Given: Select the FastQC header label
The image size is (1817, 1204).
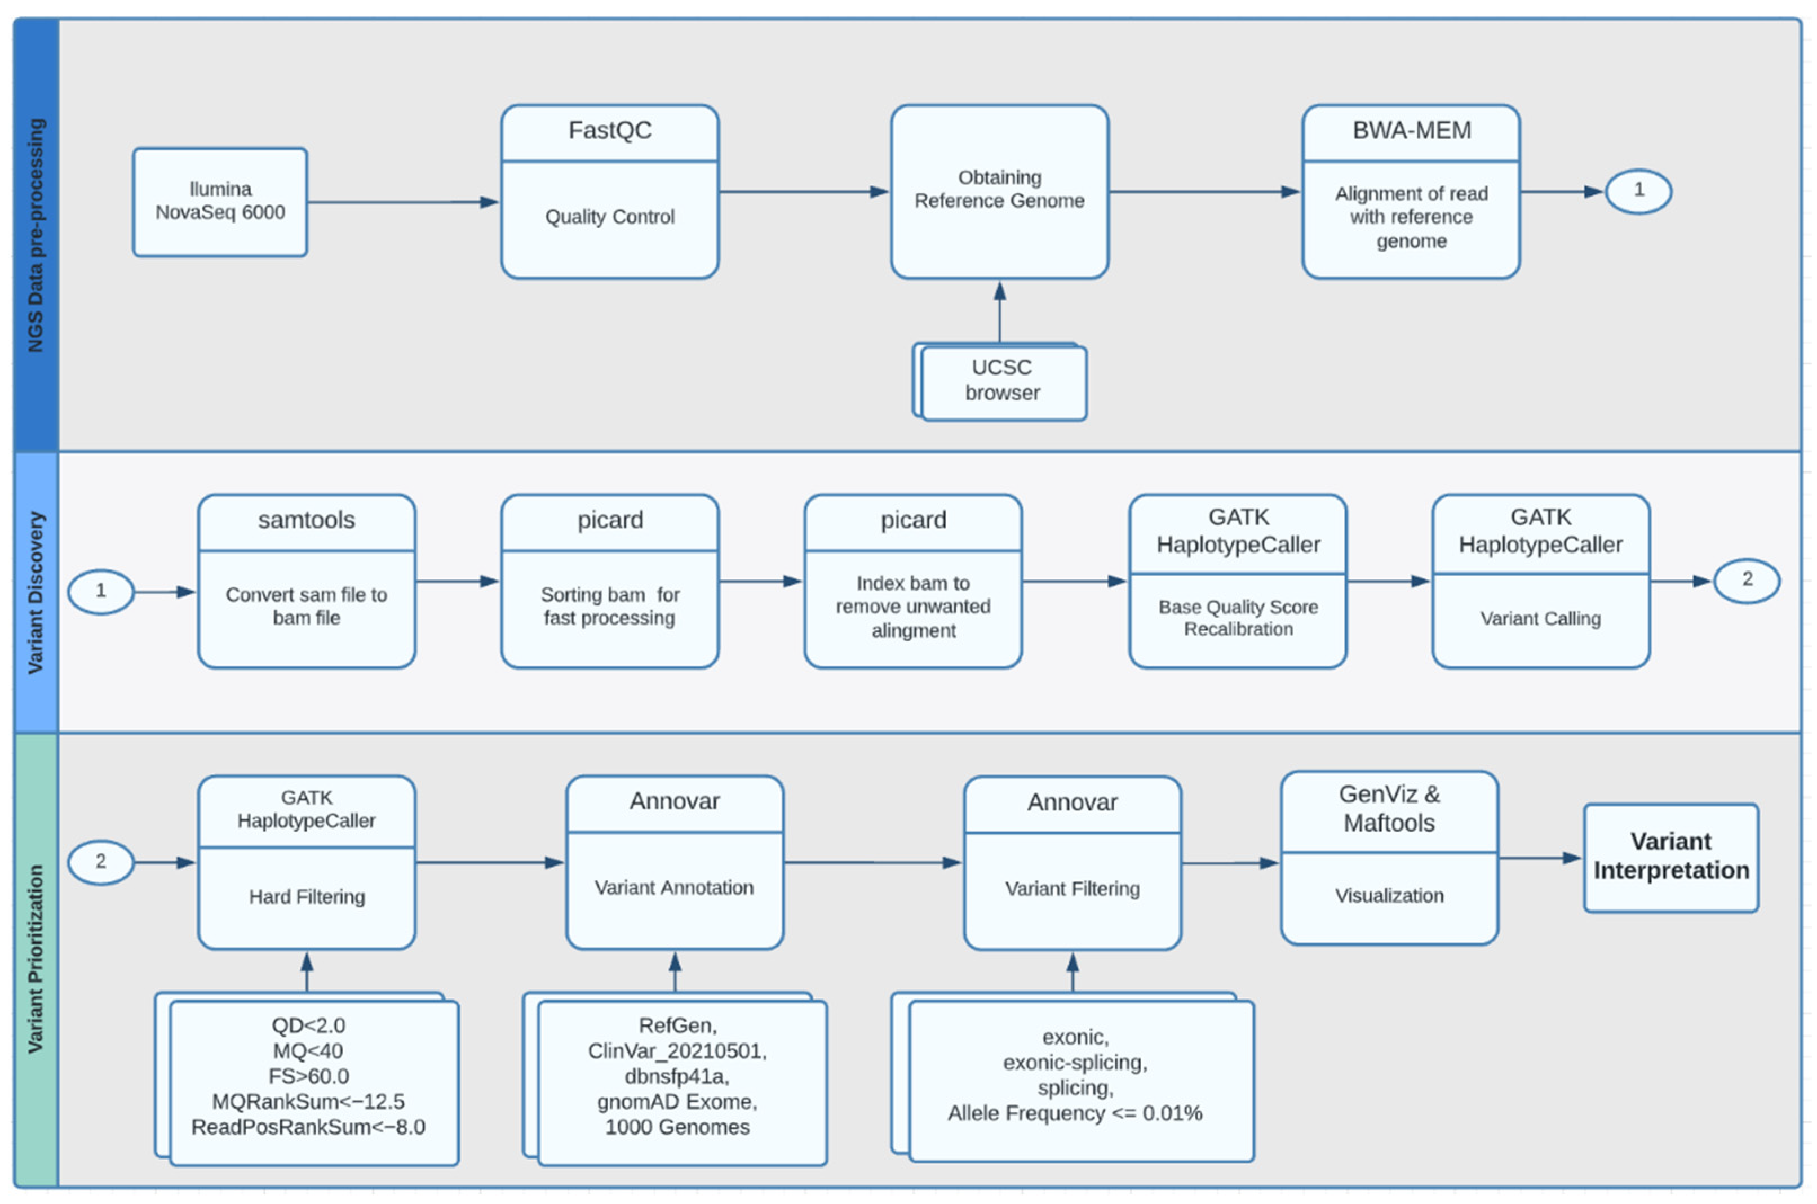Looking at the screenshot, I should tap(609, 131).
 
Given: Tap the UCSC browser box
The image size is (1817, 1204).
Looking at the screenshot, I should tap(1002, 381).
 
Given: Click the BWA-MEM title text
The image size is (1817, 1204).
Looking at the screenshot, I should tap(1411, 131).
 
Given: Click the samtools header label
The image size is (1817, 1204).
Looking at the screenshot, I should tap(307, 520).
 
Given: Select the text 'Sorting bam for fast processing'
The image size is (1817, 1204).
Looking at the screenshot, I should tap(609, 606).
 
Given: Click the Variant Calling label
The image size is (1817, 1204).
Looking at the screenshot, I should tap(1540, 618).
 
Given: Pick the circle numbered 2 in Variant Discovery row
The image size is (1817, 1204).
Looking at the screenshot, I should tap(1747, 579).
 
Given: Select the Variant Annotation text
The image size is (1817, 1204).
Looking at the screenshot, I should tap(674, 888).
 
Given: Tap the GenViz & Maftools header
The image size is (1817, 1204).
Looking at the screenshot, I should tap(1389, 809).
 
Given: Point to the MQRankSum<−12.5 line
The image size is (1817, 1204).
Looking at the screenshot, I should tap(308, 1101).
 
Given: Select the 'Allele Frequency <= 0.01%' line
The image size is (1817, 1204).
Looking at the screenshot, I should tap(1074, 1113).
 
